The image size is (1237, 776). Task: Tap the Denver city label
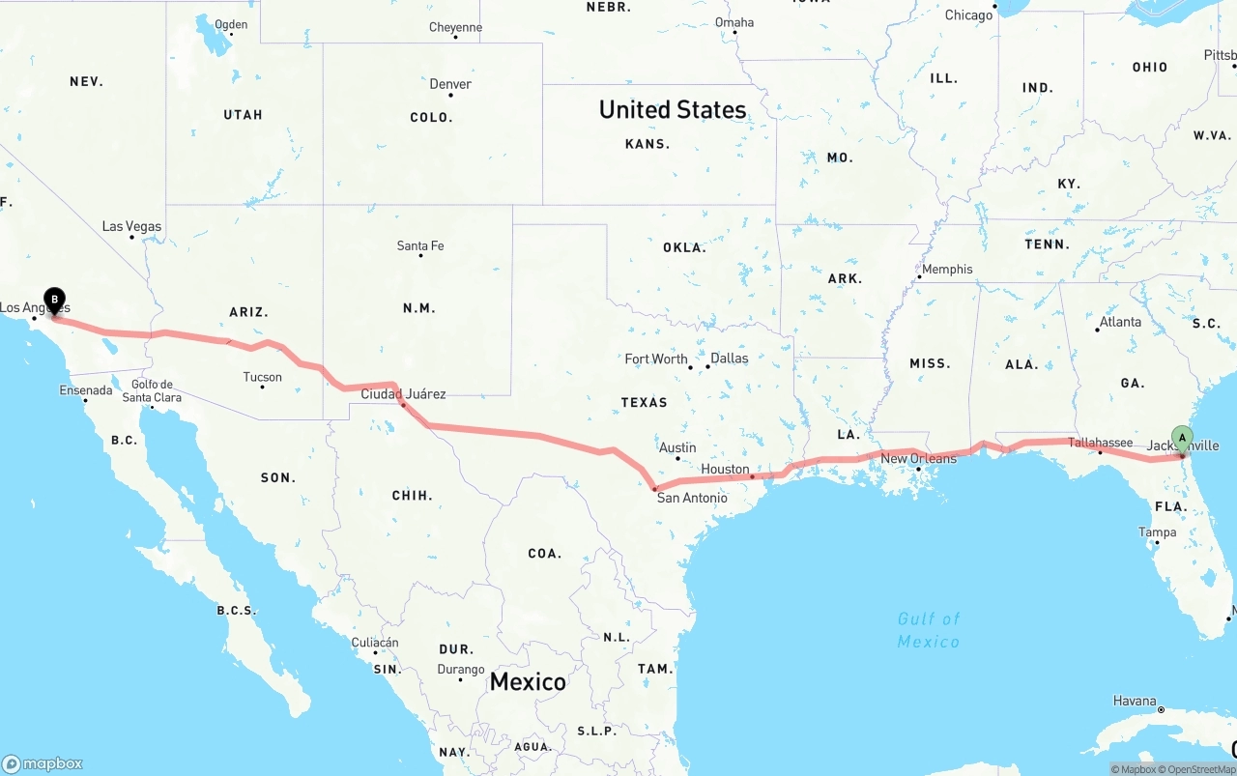(x=450, y=84)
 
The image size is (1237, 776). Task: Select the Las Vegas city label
(x=131, y=226)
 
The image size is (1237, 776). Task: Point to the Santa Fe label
(x=420, y=246)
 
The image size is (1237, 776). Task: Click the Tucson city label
(x=263, y=377)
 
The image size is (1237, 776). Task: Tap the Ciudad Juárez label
(x=403, y=393)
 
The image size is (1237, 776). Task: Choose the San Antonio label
(x=692, y=498)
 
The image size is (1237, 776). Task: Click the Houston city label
(x=725, y=469)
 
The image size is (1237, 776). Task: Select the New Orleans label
(x=918, y=458)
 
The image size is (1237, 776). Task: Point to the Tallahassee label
(x=1100, y=443)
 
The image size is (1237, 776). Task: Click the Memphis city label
(x=947, y=269)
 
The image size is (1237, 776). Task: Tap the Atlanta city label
(x=1120, y=322)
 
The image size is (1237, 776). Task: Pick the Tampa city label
(x=1157, y=532)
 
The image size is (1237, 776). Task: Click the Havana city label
(x=1135, y=701)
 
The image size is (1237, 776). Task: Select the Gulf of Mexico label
(x=928, y=630)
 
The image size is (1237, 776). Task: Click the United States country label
(x=673, y=109)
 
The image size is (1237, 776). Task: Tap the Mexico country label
(x=528, y=681)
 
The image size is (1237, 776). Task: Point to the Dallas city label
(x=729, y=359)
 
